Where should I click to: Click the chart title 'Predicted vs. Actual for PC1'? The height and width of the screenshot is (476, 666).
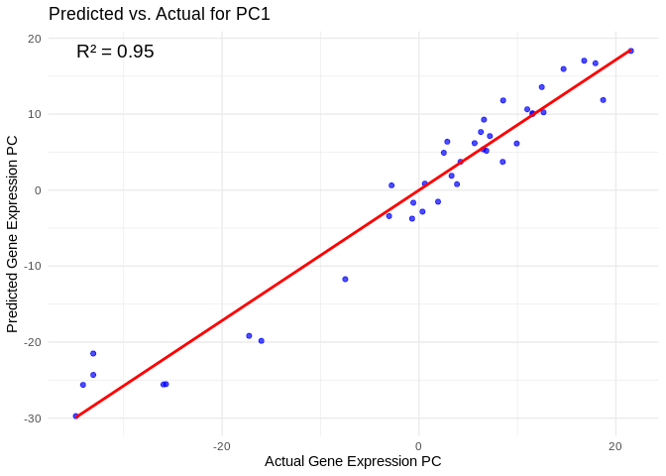(160, 14)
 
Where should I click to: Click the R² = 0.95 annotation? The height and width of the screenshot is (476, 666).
(115, 52)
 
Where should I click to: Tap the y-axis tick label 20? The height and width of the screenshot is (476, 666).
(34, 39)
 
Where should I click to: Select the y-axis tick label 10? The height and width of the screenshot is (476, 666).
(34, 114)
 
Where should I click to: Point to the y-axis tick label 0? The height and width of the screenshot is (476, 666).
(37, 190)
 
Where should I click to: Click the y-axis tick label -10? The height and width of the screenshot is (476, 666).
(32, 266)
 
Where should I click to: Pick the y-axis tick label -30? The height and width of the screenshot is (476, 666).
(32, 418)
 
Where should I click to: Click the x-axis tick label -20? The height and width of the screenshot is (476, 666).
(221, 446)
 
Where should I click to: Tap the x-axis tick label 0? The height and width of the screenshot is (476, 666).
(418, 446)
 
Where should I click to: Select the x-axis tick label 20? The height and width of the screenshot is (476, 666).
(614, 446)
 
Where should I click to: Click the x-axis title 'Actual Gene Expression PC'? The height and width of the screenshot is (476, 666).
(353, 461)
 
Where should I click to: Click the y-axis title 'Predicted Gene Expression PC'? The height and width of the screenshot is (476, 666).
(13, 234)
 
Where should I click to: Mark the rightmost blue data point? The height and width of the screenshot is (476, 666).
(630, 51)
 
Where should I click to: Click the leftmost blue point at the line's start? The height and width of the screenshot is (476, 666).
(75, 416)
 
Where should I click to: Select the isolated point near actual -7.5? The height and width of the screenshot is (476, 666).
(345, 279)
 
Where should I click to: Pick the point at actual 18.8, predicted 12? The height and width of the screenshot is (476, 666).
(603, 100)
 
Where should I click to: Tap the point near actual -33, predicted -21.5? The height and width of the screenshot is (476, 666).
(93, 353)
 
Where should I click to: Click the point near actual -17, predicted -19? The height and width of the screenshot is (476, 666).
(249, 335)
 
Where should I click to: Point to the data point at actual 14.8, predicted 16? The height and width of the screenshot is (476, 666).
(564, 69)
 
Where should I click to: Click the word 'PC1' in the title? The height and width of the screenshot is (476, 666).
(252, 14)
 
